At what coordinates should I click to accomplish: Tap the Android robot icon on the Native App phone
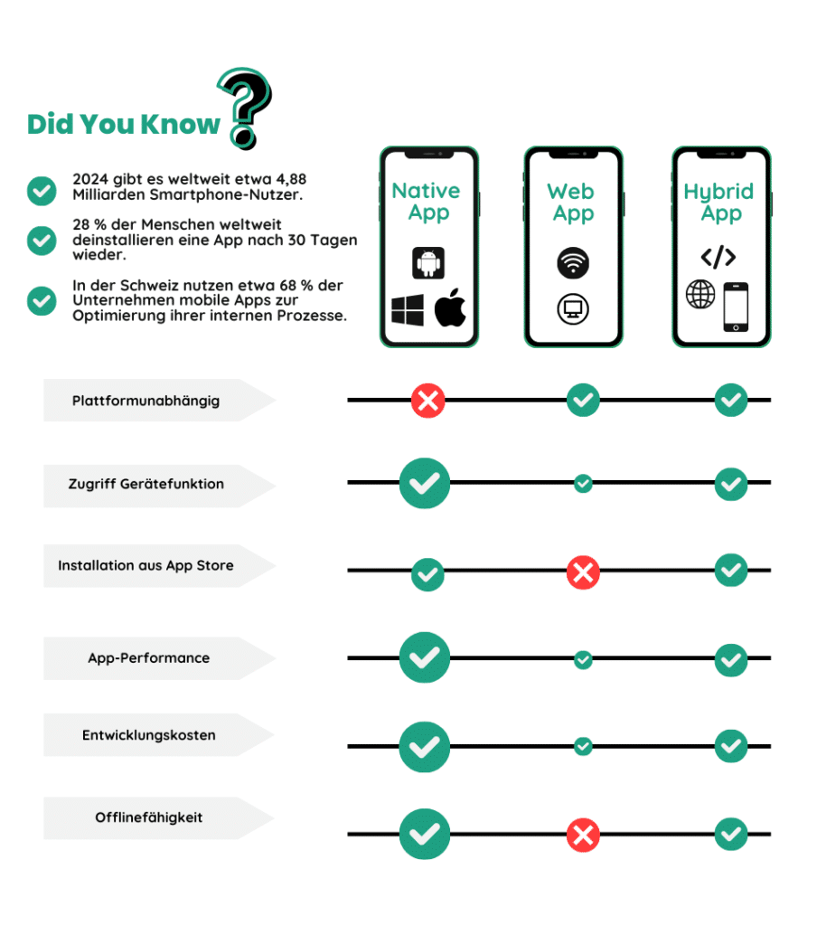coord(428,263)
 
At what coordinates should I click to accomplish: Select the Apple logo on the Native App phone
coord(450,307)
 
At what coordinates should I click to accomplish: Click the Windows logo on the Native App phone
coord(408,309)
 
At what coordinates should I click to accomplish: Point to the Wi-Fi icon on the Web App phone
coord(573,262)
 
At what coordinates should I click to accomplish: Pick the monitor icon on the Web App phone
coord(573,309)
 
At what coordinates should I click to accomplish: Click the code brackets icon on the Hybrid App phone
coord(718,257)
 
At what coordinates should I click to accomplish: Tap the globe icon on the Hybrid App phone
coord(700,294)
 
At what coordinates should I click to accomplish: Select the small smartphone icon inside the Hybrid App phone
coord(737,307)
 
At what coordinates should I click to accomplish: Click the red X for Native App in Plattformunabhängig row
coord(428,401)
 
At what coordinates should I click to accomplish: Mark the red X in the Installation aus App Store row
coord(583,572)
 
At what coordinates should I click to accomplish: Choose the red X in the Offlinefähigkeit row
coord(583,835)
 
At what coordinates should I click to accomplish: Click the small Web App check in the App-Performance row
coord(583,659)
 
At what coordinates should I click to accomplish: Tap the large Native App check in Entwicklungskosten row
coord(425,747)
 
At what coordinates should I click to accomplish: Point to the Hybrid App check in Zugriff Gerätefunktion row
coord(731,485)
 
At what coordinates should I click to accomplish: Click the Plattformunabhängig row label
coord(146,401)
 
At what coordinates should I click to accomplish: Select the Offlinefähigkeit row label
coord(149,817)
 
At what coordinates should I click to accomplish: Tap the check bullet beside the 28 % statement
coord(42,241)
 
